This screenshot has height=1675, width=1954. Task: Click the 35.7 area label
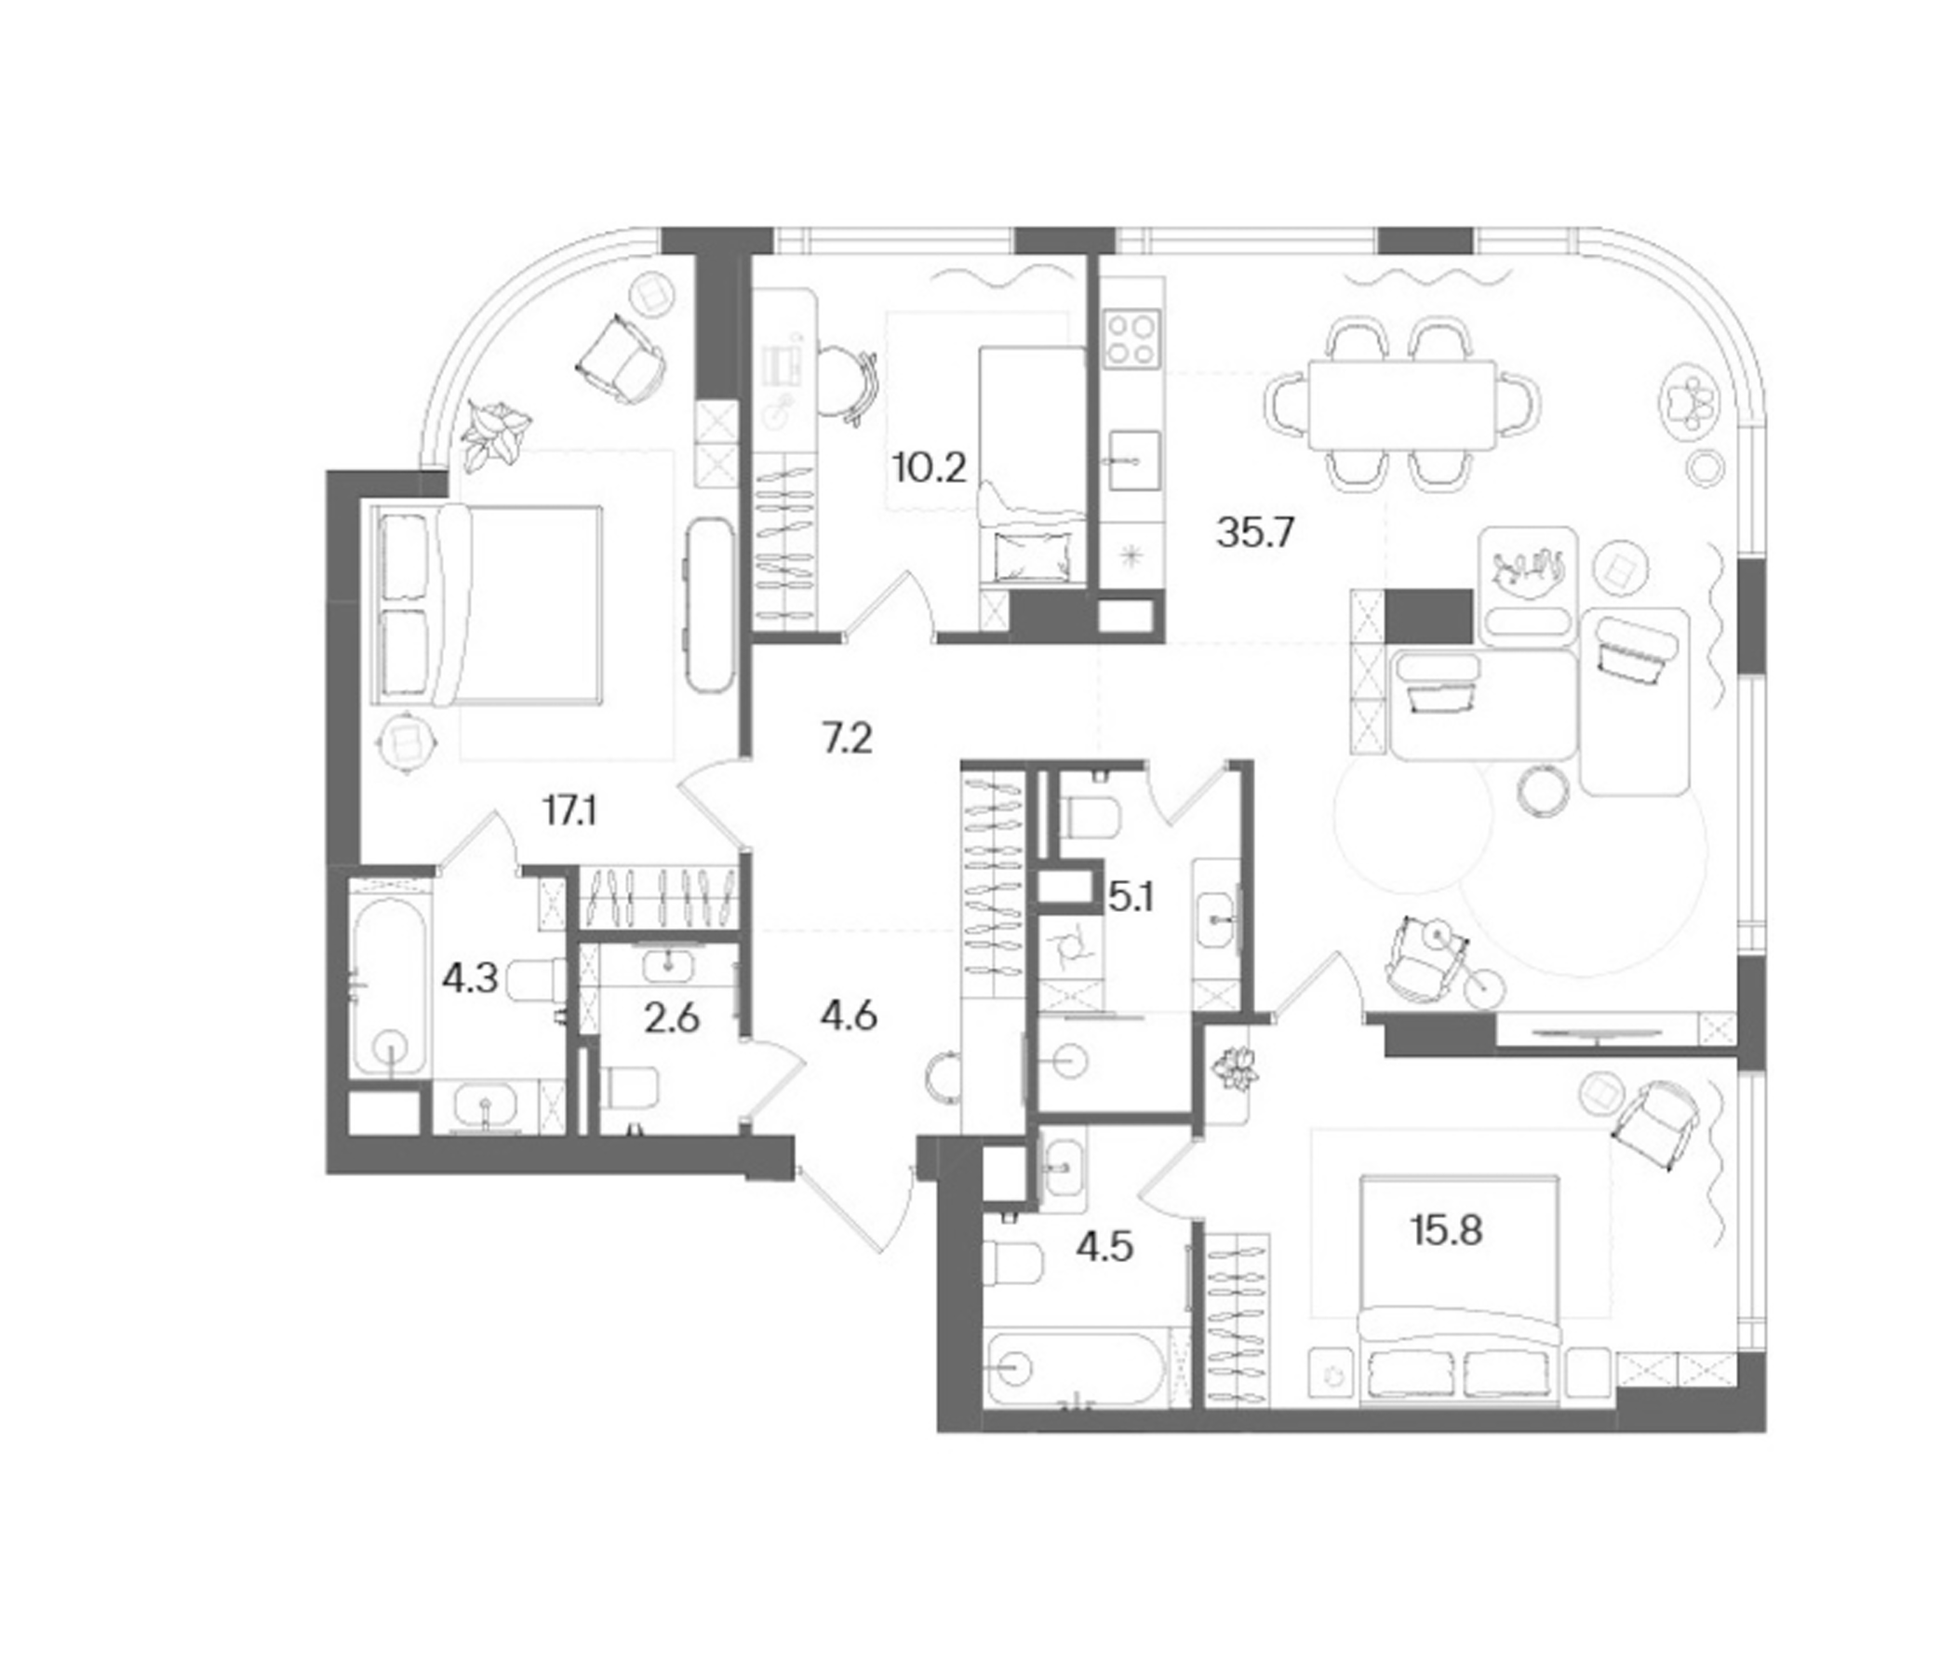click(1255, 534)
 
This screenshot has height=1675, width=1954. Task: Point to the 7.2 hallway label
click(847, 740)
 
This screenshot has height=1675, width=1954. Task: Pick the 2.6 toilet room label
click(672, 1019)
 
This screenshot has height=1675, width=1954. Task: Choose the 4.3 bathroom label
click(470, 979)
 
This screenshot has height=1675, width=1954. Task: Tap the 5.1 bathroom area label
click(1131, 898)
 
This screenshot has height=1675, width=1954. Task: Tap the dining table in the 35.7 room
click(1401, 405)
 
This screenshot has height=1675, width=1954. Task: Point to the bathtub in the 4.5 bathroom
click(1076, 1366)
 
